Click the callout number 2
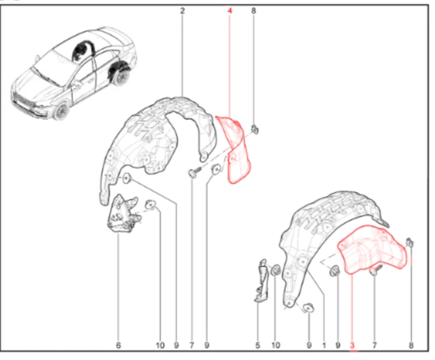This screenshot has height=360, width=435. (x=183, y=11)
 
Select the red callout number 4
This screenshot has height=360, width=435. (x=230, y=11)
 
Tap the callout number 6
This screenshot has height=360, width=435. (x=119, y=345)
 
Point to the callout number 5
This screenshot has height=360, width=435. (x=258, y=345)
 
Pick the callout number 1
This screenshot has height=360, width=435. (x=324, y=345)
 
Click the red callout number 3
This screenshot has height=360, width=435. (x=352, y=345)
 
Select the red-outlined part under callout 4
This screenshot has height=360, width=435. (x=235, y=149)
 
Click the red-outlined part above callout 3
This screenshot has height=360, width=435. (x=372, y=249)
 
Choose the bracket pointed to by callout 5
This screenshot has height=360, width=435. (x=261, y=281)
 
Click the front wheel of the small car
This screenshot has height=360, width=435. (x=61, y=111)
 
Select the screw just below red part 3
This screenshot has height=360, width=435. (x=376, y=270)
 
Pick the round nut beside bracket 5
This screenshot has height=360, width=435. (x=276, y=270)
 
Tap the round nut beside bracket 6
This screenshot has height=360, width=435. (x=151, y=205)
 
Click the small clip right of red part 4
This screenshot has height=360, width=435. (x=255, y=129)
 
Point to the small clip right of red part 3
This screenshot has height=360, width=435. (x=410, y=243)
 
